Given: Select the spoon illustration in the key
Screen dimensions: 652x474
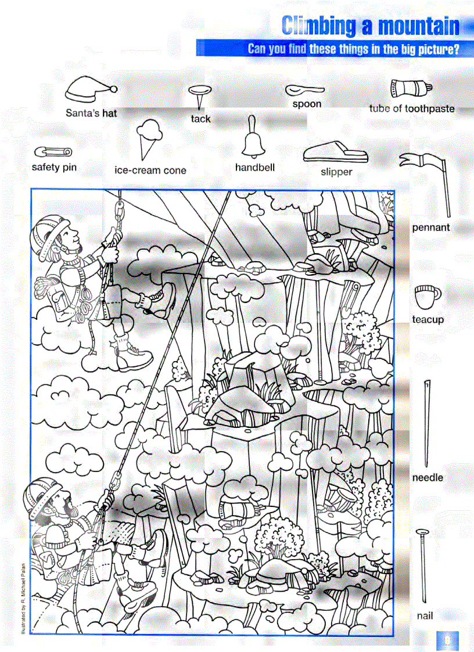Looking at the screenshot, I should pos(304,91).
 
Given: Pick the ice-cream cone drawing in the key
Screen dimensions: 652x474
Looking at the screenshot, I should pos(149,139).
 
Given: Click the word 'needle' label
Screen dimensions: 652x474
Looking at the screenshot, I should pos(428,478).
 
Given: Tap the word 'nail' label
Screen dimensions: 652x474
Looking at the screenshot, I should pos(425,615).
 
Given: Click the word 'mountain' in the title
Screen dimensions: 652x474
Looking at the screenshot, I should pos(418,27).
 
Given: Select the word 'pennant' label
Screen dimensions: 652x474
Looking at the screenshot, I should pos(431,228).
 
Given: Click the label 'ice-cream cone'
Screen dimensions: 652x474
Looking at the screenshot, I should pos(150,171).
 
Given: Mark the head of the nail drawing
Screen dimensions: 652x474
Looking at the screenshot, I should pos(423,531).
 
